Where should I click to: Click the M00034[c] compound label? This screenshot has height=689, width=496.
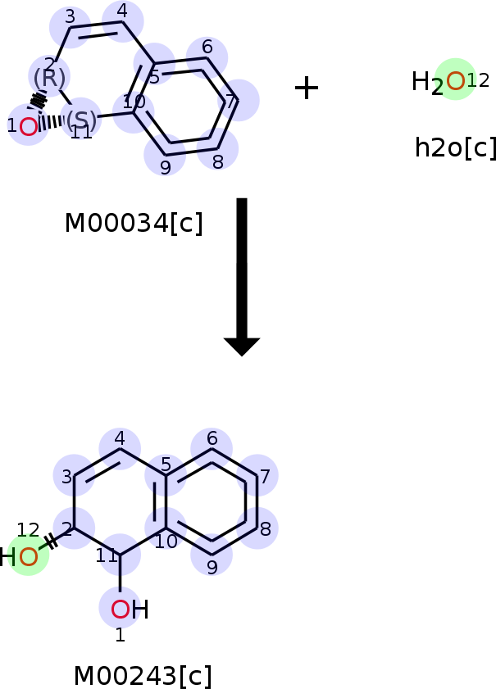[134, 223]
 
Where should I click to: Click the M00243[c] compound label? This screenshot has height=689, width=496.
[143, 676]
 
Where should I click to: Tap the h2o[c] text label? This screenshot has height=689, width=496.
[456, 147]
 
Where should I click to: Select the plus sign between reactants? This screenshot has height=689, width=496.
[307, 88]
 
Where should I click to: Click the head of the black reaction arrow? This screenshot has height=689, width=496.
[242, 347]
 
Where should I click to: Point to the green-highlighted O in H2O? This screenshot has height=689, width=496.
[456, 81]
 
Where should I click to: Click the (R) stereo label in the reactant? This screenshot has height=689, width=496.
[49, 78]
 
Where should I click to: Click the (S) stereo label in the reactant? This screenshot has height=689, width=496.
[81, 120]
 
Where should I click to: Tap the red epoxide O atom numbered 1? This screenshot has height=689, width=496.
[29, 127]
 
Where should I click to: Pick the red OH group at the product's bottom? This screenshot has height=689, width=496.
[130, 610]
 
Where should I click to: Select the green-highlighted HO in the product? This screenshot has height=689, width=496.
[19, 557]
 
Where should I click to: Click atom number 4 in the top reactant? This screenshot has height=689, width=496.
[123, 11]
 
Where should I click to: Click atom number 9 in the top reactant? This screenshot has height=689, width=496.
[166, 167]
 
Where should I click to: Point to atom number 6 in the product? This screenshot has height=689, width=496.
[212, 438]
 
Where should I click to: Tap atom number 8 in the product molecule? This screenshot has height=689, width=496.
[265, 529]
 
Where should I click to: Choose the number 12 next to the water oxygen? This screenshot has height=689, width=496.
[478, 80]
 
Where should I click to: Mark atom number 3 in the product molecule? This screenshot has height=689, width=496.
[67, 477]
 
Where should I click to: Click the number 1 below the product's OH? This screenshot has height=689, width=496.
[120, 635]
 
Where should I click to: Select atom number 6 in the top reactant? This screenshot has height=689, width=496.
[207, 47]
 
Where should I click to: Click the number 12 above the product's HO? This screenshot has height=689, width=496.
[28, 530]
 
